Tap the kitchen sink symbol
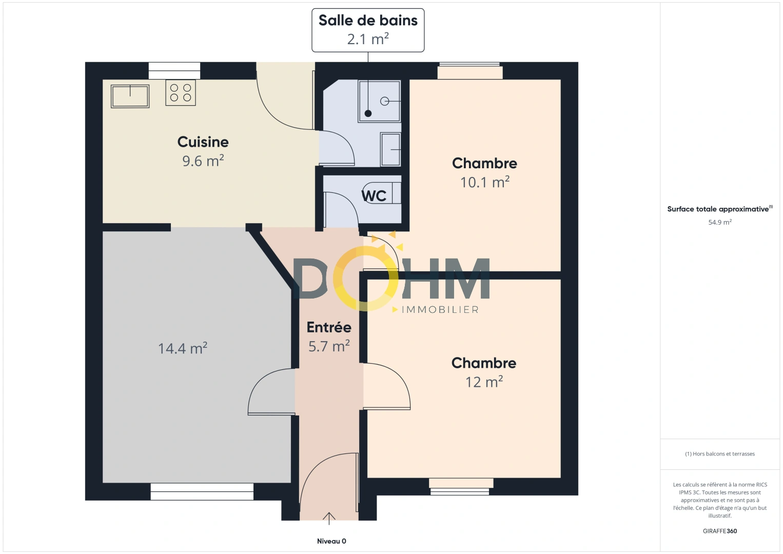(x=130, y=96)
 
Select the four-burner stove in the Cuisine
(x=181, y=93)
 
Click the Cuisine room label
(x=203, y=142)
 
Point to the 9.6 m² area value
(x=203, y=161)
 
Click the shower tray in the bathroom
(x=379, y=101)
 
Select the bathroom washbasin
(x=390, y=149)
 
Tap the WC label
(x=374, y=196)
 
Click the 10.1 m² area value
(x=484, y=182)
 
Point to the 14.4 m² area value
(x=182, y=349)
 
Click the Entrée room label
(x=329, y=327)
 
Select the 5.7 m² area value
(x=329, y=346)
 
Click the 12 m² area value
(x=484, y=382)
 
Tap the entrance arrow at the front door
(x=329, y=518)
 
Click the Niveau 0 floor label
(x=331, y=541)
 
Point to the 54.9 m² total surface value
(x=720, y=222)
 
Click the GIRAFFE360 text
(x=720, y=531)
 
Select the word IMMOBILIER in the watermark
(x=440, y=310)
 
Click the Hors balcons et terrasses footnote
(x=720, y=454)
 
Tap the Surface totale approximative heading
(x=718, y=209)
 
